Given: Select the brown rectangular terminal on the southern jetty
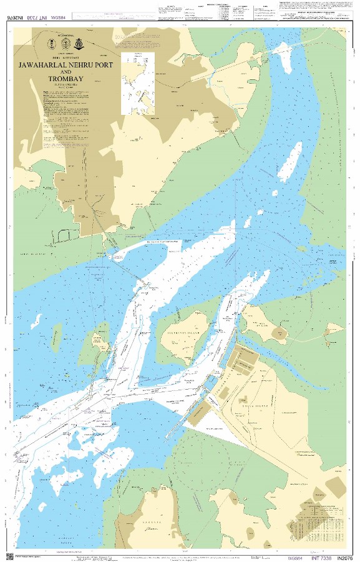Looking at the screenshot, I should [201, 413].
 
